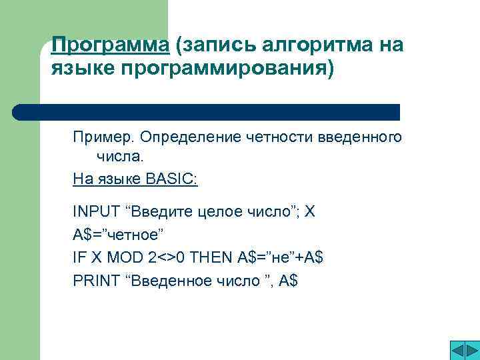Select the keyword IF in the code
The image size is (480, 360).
click(78, 257)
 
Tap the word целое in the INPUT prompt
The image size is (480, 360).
click(220, 212)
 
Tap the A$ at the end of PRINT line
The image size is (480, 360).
click(288, 281)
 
